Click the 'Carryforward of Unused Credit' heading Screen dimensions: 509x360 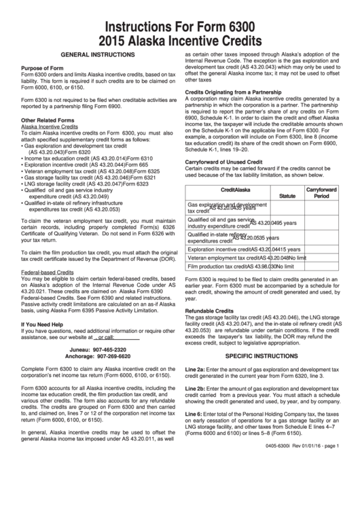[224, 162]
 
